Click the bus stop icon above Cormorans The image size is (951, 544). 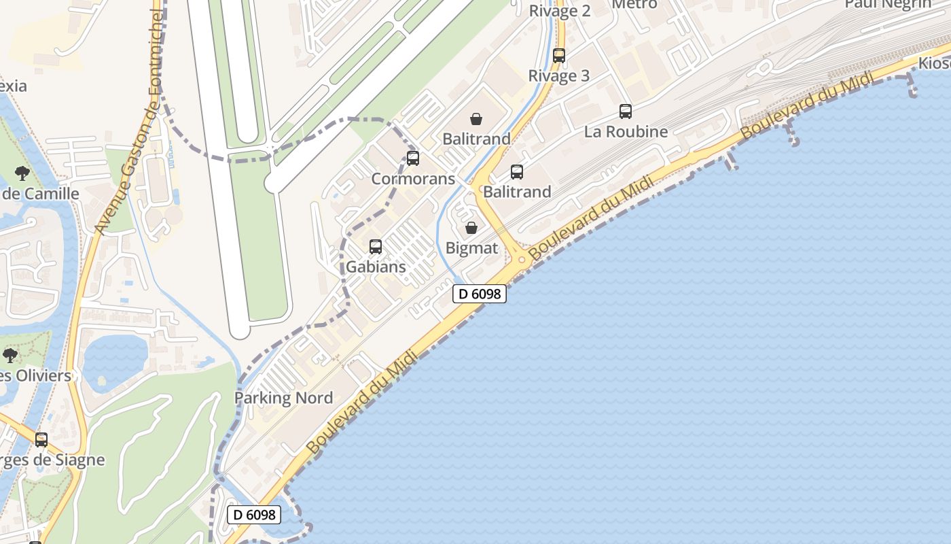[x=413, y=159]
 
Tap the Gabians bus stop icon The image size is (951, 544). [x=376, y=247]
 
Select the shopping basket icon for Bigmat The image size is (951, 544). [x=471, y=228]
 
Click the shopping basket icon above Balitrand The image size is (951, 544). [x=477, y=119]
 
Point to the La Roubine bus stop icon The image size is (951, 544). [x=626, y=112]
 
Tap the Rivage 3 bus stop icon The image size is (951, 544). [x=559, y=56]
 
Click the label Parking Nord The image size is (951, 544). [x=283, y=398]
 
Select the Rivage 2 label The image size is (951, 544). [x=560, y=10]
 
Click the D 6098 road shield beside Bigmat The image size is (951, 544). [x=480, y=294]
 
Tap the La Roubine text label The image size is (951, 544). [x=626, y=131]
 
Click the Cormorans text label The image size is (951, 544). [x=413, y=179]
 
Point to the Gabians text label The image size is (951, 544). [x=376, y=267]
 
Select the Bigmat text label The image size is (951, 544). [x=471, y=248]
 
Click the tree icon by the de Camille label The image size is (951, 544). [x=22, y=173]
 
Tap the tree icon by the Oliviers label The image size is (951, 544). [x=10, y=355]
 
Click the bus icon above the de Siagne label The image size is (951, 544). [x=41, y=440]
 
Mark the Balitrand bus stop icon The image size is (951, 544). [x=517, y=172]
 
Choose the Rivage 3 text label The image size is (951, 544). [x=559, y=75]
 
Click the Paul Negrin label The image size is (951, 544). [x=887, y=4]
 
